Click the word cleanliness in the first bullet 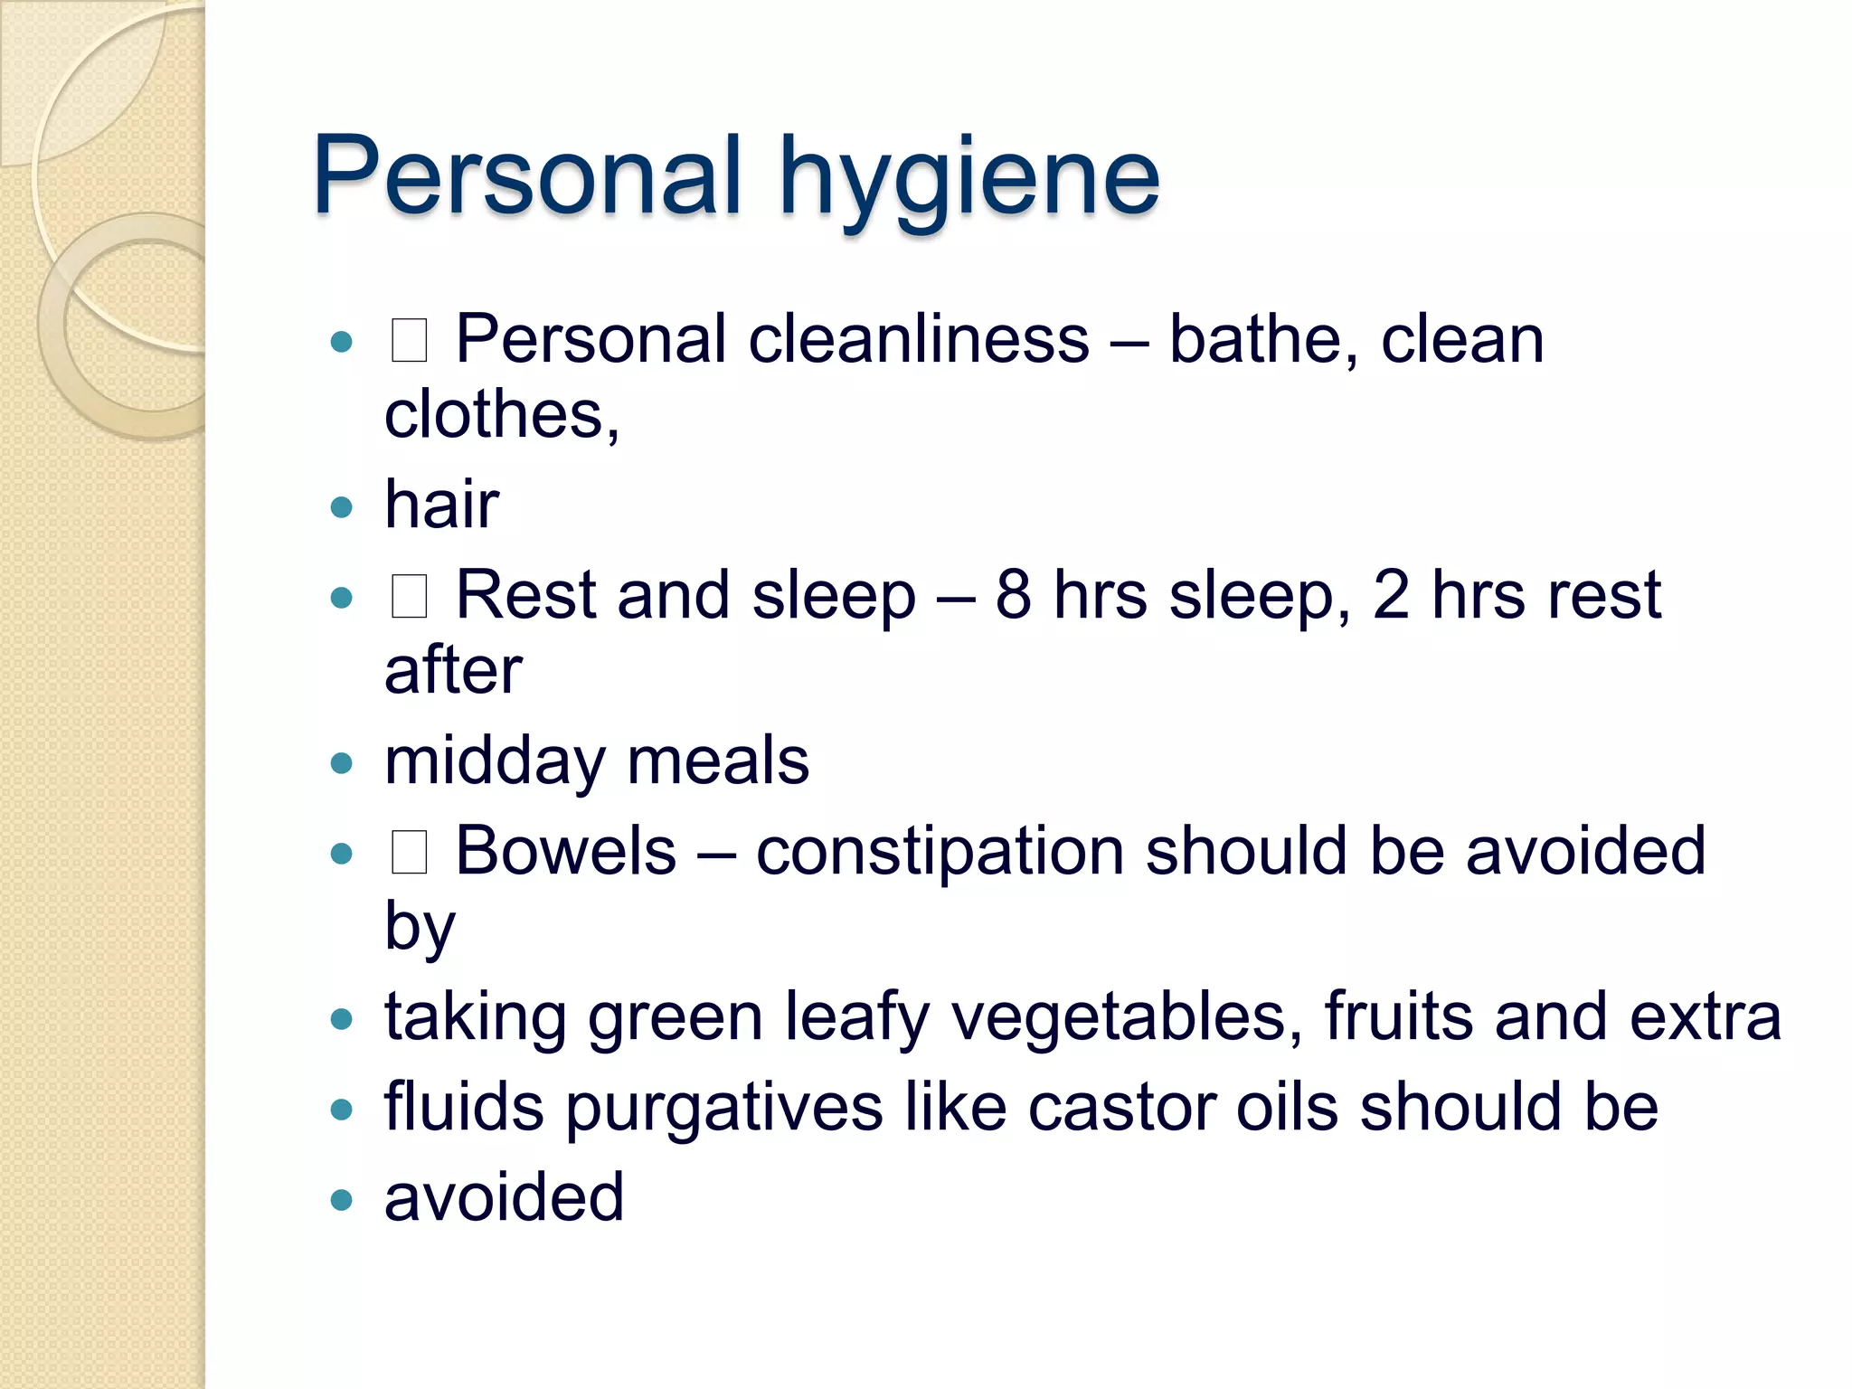[919, 340]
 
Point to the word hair [441, 505]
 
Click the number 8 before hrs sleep [1013, 595]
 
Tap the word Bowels [565, 851]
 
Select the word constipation [940, 853]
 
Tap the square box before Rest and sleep [409, 597]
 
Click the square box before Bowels [409, 852]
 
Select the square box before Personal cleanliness [409, 341]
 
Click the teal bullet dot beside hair [341, 507]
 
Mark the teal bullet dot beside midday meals [341, 763]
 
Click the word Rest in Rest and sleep [525, 595]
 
